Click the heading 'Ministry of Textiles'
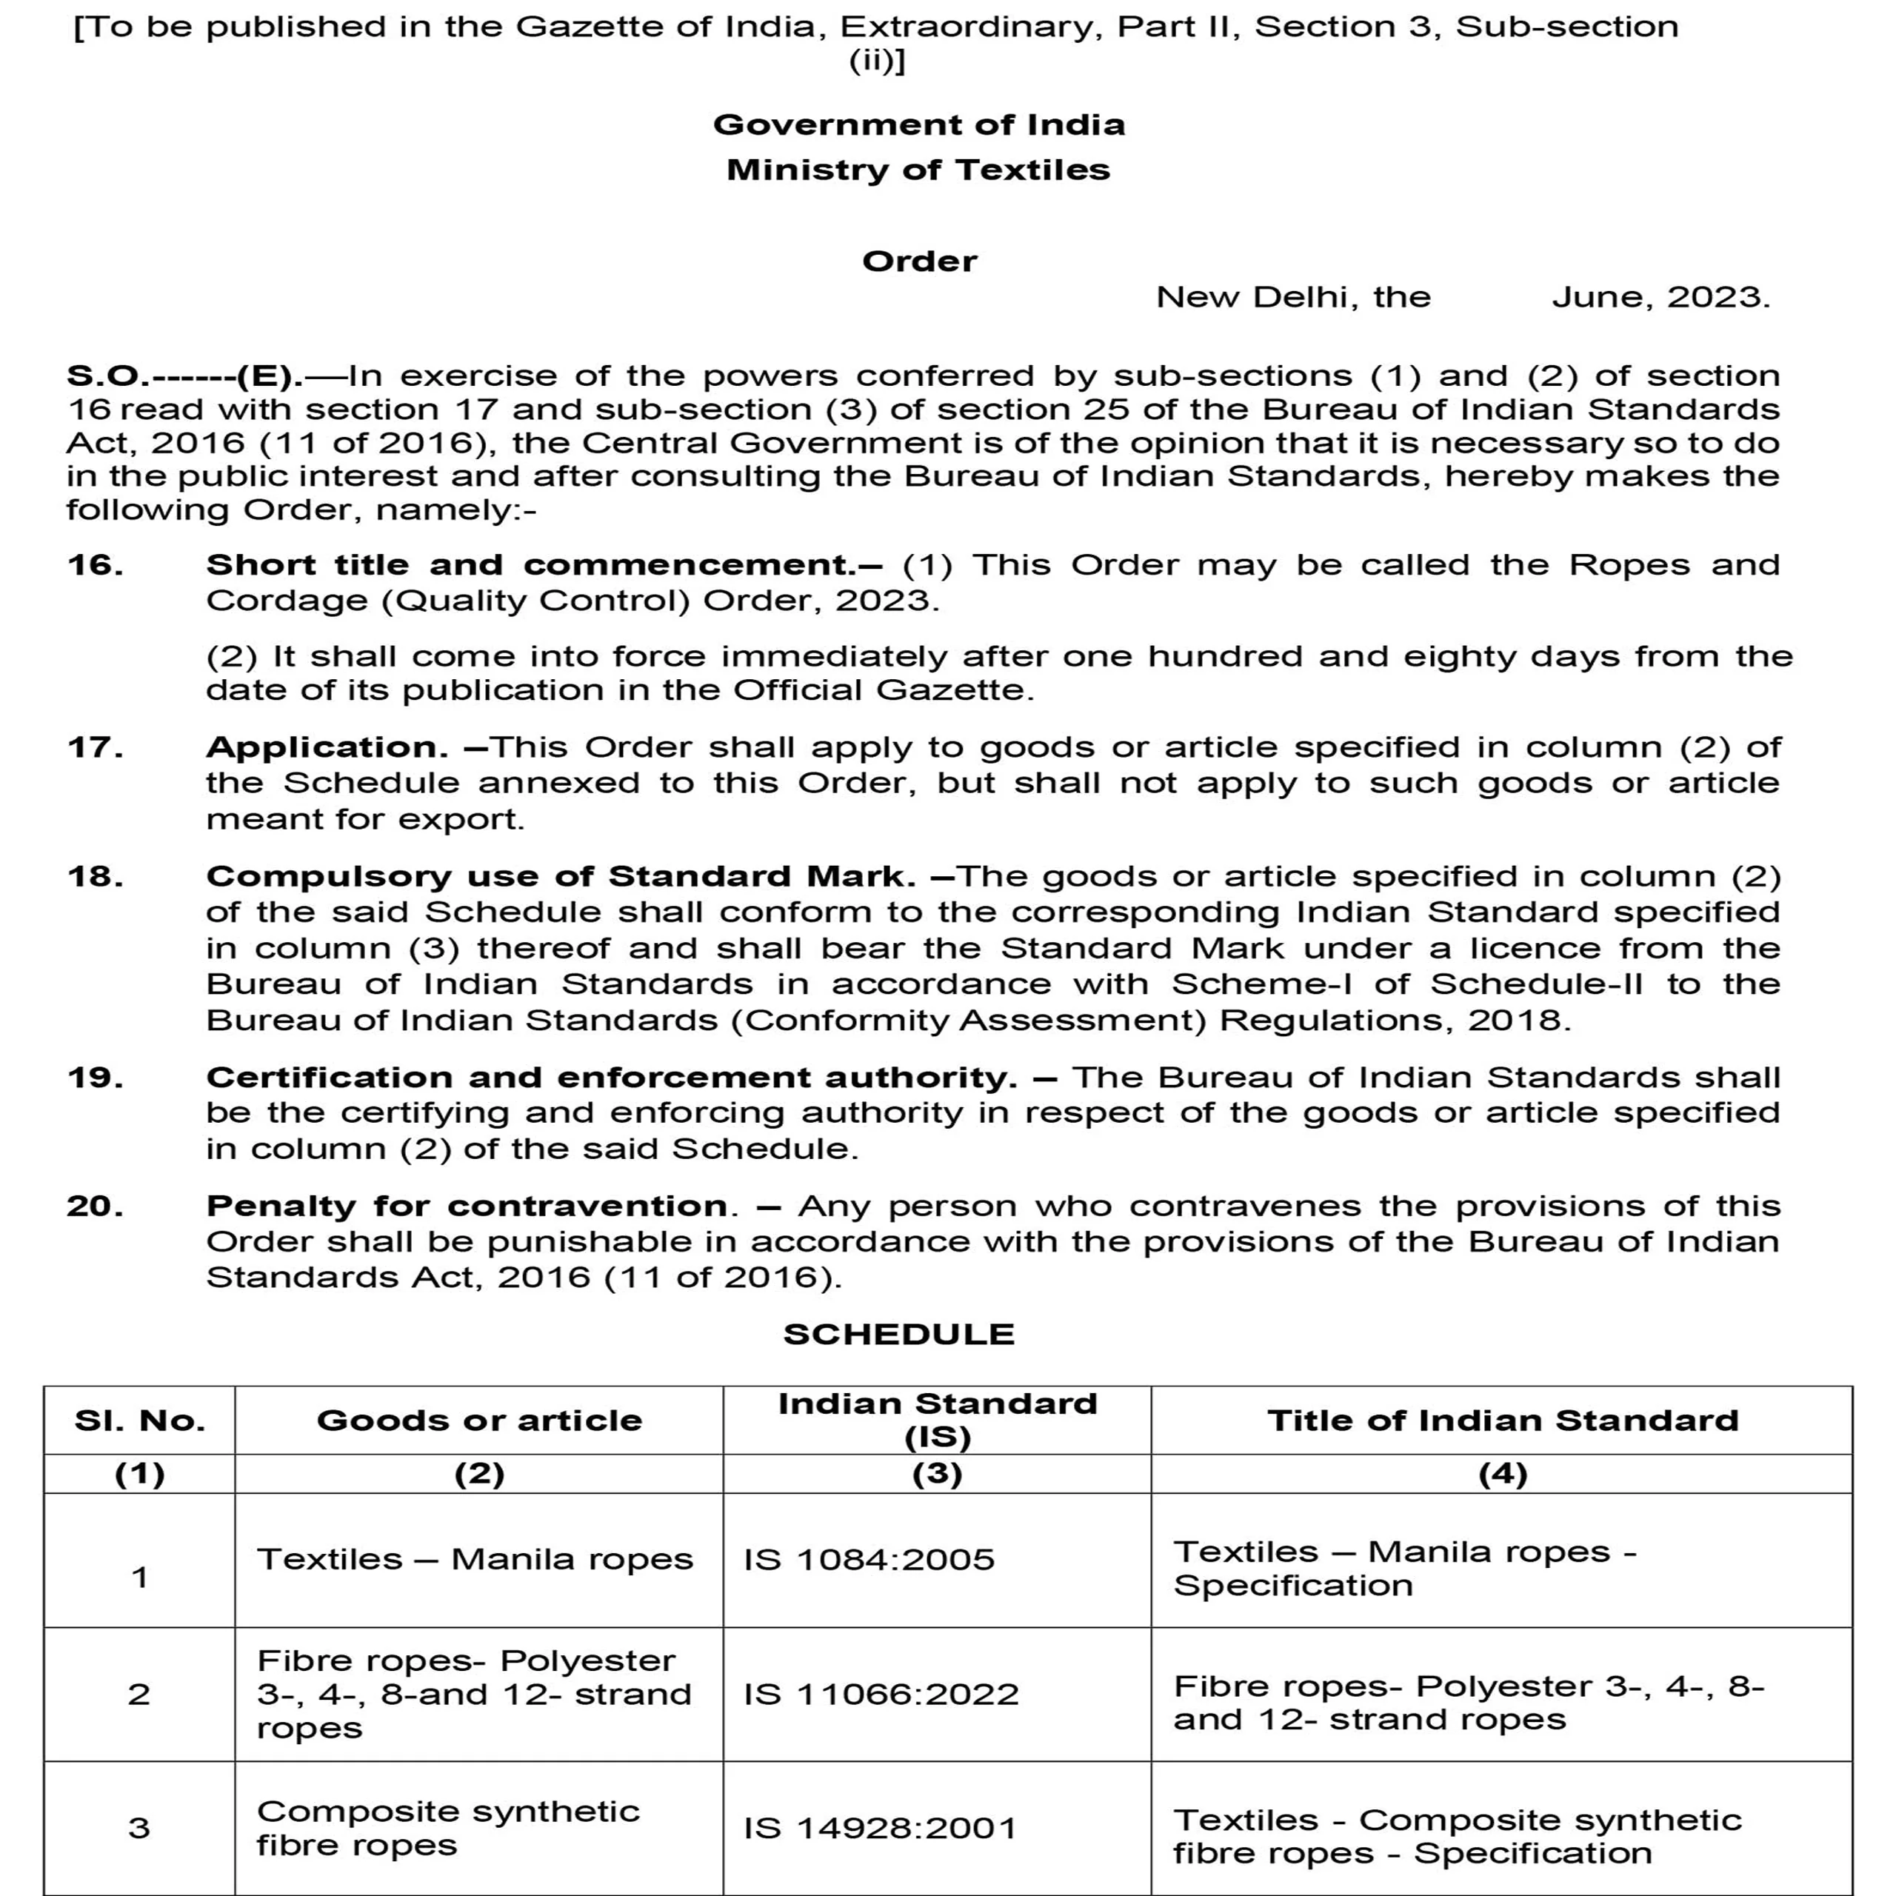point(918,170)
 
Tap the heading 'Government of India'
point(918,124)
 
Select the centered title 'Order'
point(920,261)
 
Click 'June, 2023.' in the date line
point(1660,297)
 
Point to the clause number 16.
point(96,565)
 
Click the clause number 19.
point(96,1078)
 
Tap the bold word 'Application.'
point(327,748)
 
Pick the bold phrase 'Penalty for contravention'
point(467,1206)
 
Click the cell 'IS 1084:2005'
point(869,1560)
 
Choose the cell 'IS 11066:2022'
point(881,1694)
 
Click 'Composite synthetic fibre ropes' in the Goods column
point(447,1827)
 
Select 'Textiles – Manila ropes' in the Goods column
point(475,1560)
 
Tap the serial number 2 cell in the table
point(139,1694)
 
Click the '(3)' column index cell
point(937,1474)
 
